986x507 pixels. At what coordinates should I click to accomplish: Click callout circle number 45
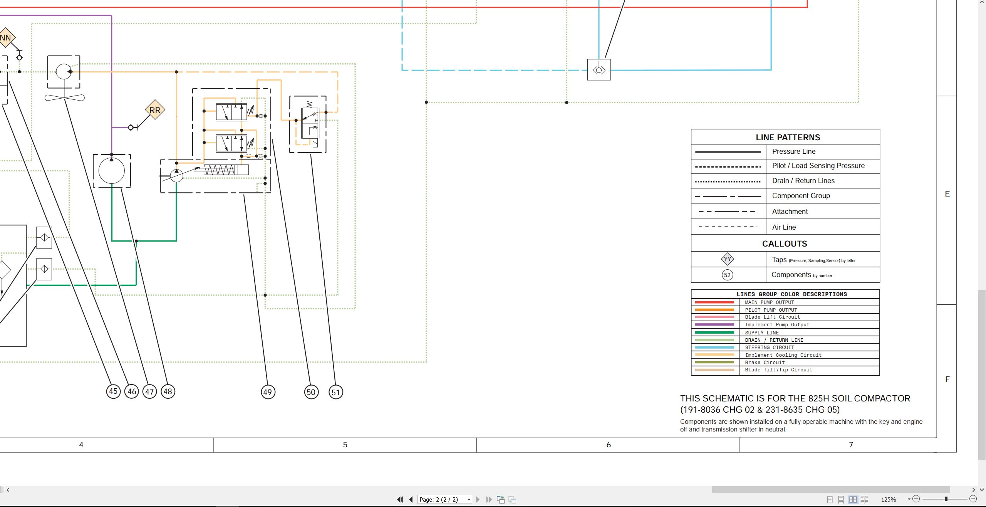[x=113, y=391]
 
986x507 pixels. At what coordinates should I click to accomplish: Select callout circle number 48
[x=168, y=391]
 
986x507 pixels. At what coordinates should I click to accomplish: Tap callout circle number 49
[x=268, y=392]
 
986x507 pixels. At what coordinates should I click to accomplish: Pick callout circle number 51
[x=335, y=392]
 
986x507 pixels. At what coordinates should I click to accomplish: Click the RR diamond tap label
[x=155, y=110]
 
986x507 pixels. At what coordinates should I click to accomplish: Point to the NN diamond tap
[x=5, y=38]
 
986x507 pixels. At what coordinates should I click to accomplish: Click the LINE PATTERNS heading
[x=788, y=138]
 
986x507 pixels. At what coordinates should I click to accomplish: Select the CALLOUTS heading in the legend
[x=785, y=244]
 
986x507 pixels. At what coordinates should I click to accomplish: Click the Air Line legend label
[x=784, y=227]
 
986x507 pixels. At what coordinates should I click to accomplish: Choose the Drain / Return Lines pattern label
[x=803, y=181]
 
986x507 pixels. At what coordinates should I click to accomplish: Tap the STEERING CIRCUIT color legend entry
[x=769, y=348]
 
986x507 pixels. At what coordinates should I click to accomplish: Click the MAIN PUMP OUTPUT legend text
[x=769, y=302]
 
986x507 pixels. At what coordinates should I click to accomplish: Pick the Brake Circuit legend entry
[x=765, y=363]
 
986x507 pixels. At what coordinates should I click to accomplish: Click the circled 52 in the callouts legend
[x=727, y=275]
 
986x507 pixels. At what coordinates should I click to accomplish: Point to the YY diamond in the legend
[x=727, y=259]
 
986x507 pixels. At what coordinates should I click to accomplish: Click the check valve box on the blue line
[x=599, y=70]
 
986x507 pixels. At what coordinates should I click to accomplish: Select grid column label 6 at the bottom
[x=609, y=445]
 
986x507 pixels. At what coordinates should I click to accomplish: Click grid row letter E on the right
[x=947, y=194]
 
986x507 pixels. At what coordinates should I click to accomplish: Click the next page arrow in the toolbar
[x=478, y=499]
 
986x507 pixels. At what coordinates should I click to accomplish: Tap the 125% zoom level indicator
[x=889, y=499]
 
